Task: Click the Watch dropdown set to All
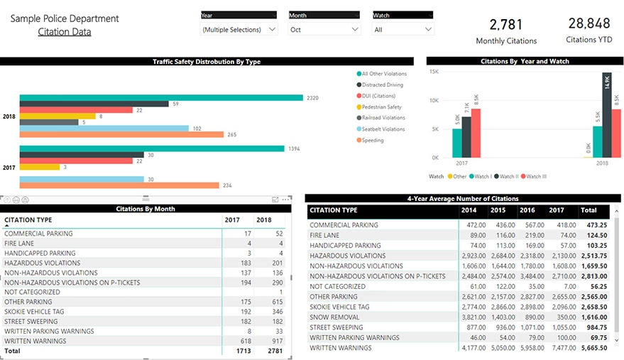tap(403, 30)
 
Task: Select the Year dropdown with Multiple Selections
tap(239, 30)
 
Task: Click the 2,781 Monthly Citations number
tap(506, 25)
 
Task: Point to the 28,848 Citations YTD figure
tap(589, 23)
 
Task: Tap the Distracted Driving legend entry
tap(383, 84)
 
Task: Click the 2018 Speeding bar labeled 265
tap(121, 134)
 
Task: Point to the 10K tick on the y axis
tap(433, 100)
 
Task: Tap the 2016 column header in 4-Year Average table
tap(527, 211)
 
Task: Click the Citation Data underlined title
tap(65, 32)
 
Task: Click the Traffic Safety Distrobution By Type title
tap(207, 62)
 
